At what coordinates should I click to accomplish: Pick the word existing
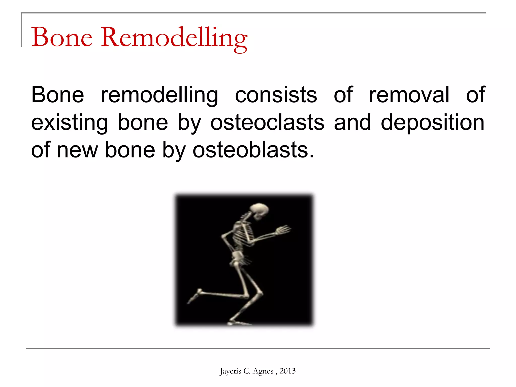pos(70,123)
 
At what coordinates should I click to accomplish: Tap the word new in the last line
pos(77,150)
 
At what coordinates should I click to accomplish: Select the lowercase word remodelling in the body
pos(159,95)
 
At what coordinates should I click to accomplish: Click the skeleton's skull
pos(260,210)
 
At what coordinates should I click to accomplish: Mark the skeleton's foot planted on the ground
pos(238,322)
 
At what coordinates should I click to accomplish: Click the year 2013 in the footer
pos(287,371)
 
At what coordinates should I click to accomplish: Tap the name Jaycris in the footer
pos(230,371)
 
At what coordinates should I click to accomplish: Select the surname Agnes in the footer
pos(263,371)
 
